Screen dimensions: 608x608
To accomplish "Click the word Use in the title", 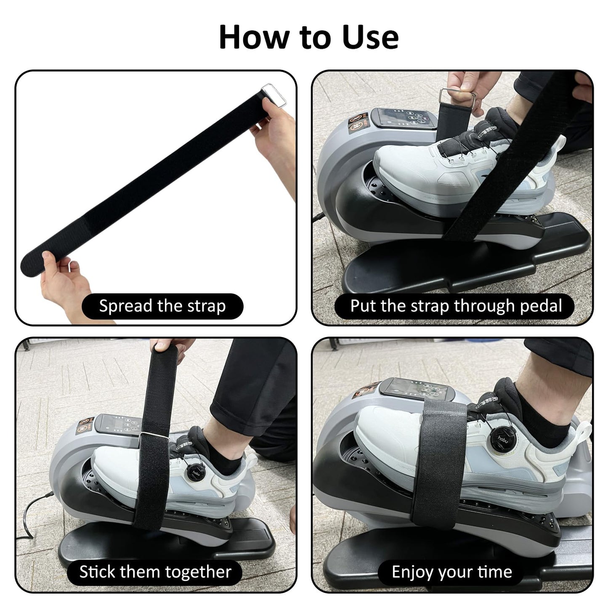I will tap(370, 37).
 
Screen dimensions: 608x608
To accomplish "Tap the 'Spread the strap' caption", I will tap(162, 306).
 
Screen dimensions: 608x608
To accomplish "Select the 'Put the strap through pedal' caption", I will tap(456, 306).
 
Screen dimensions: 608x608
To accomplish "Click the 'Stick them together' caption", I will tap(155, 572).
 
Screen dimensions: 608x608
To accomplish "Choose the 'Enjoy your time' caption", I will tap(451, 572).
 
